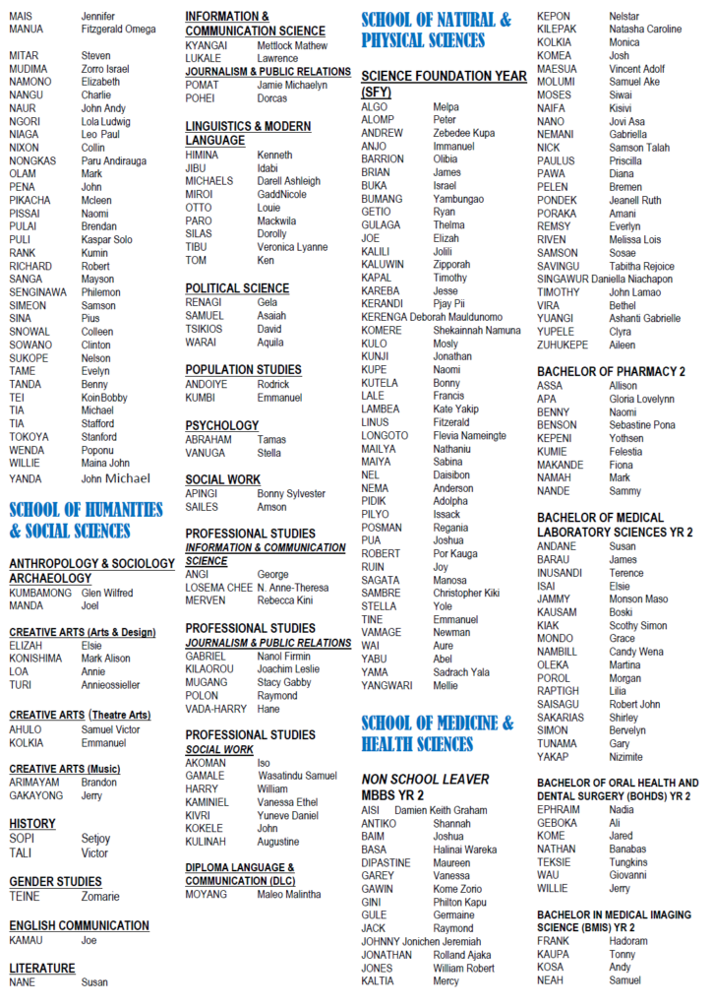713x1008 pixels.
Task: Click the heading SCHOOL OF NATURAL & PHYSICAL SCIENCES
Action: click(x=436, y=30)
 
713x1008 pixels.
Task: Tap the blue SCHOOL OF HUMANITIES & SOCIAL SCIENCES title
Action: click(x=86, y=520)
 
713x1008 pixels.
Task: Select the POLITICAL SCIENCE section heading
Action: click(x=237, y=288)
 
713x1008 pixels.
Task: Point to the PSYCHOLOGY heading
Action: click(x=222, y=425)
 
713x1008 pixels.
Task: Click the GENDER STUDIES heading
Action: click(x=55, y=882)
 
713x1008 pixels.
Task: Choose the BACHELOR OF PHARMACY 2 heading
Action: click(x=611, y=371)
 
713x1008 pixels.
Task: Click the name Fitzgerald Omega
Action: click(x=118, y=30)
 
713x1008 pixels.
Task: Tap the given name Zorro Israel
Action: click(x=105, y=69)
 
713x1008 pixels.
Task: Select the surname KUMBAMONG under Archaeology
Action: click(x=40, y=593)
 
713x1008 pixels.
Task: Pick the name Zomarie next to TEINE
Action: click(x=100, y=897)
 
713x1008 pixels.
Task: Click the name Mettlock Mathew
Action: click(x=292, y=45)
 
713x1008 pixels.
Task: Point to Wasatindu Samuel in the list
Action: click(x=297, y=776)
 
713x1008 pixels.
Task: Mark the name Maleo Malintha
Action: click(x=289, y=894)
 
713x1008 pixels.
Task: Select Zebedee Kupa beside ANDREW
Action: click(x=464, y=133)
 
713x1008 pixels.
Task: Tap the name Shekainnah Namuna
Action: click(x=477, y=330)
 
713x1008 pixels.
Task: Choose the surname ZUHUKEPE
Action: click(x=563, y=346)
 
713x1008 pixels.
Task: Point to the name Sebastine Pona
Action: click(x=642, y=425)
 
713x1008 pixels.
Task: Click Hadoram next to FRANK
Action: click(x=628, y=941)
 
